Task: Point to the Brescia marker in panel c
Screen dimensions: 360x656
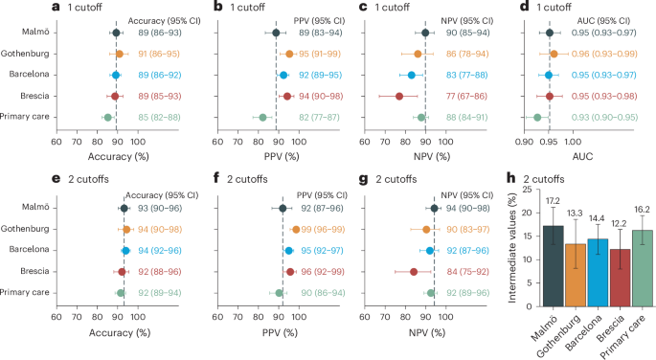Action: tap(398, 96)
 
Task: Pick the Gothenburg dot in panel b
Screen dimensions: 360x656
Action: tap(290, 54)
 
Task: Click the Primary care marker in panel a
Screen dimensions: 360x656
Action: tap(108, 117)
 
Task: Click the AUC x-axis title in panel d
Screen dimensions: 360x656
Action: tap(548, 153)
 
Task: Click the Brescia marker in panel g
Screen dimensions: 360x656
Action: tap(414, 272)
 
